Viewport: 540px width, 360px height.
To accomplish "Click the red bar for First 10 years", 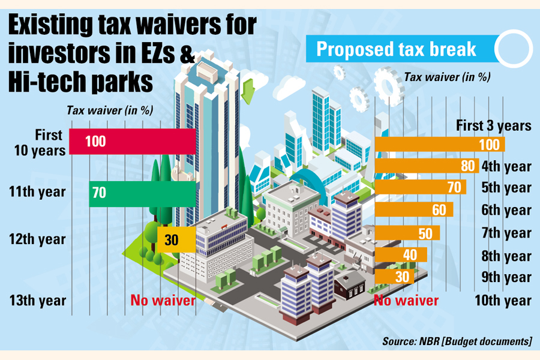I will tap(132, 142).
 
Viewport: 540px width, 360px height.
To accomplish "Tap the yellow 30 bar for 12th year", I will tap(176, 239).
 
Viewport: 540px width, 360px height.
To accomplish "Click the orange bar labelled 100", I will tap(440, 145).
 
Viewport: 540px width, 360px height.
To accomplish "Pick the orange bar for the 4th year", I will tap(427, 166).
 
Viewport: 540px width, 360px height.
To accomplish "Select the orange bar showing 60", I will tap(413, 210).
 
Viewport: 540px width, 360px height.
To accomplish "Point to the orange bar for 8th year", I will tap(400, 255).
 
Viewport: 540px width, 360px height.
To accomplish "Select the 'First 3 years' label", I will tap(493, 126).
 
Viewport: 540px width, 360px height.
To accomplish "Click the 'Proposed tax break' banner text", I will tap(397, 49).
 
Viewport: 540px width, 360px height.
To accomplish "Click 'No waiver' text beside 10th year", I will tap(406, 299).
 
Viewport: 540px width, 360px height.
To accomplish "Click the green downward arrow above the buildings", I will tap(247, 94).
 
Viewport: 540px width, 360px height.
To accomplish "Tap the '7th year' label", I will tap(506, 233).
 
